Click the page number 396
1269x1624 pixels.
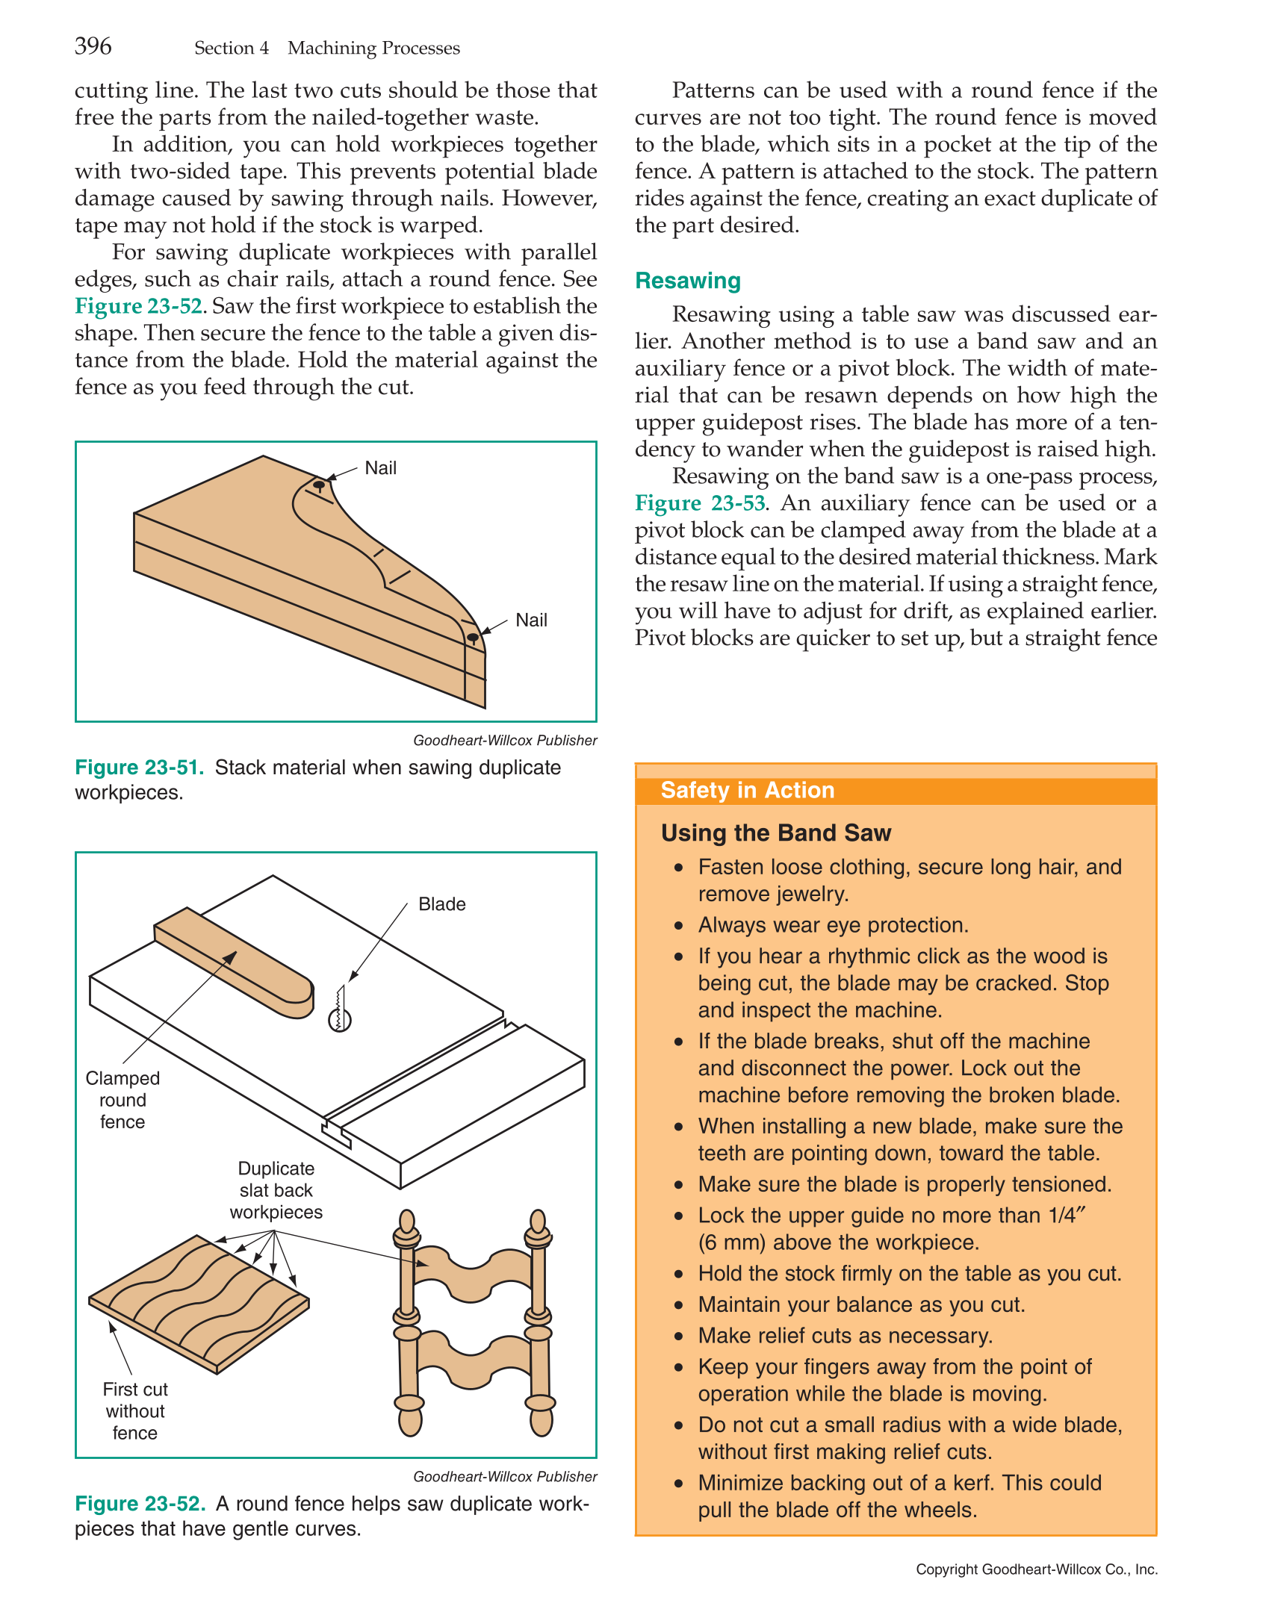pos(93,46)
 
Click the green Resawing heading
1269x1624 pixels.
pos(687,281)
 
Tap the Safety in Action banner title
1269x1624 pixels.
pos(747,790)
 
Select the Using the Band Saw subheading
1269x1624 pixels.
pos(776,833)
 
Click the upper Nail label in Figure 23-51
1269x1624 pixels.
pos(380,468)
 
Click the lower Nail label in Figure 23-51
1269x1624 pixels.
pos(531,620)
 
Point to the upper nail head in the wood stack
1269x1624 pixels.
pos(319,485)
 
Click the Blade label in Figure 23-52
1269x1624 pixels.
pos(441,904)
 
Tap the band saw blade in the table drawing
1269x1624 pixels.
pos(340,1008)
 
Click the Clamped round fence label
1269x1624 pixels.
pos(122,1100)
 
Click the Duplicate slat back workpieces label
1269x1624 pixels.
pos(276,1190)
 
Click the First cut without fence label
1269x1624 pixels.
pos(134,1411)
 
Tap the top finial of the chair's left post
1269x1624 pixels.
pos(407,1222)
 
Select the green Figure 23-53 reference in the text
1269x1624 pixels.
pos(700,503)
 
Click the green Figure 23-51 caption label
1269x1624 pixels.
pos(139,768)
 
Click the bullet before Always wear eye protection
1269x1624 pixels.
pos(678,926)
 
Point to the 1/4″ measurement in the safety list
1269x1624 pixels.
pos(1067,1216)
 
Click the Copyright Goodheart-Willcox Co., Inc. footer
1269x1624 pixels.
pos(1036,1569)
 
